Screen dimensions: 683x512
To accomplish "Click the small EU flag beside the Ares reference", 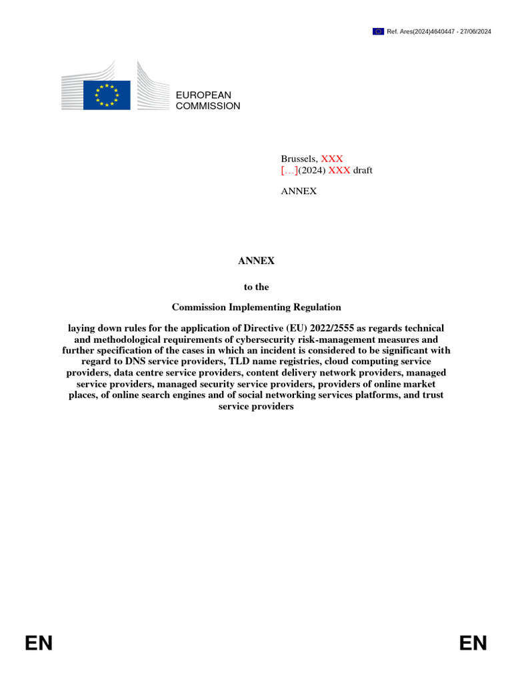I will (378, 31).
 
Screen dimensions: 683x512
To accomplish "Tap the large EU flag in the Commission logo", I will (107, 95).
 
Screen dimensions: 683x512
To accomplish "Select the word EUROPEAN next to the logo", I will (203, 95).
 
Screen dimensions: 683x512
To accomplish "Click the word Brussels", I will (299, 159).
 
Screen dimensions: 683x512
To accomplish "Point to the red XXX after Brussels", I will (332, 159).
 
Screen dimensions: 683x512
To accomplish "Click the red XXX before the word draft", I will (339, 170).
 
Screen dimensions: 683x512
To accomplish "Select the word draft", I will (363, 170).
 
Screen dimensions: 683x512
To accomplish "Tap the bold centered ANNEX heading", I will (256, 261).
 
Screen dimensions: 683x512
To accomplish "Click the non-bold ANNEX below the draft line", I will (299, 191).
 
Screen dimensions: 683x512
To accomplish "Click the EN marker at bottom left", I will (39, 643).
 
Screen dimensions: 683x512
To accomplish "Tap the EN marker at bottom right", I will (473, 643).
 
